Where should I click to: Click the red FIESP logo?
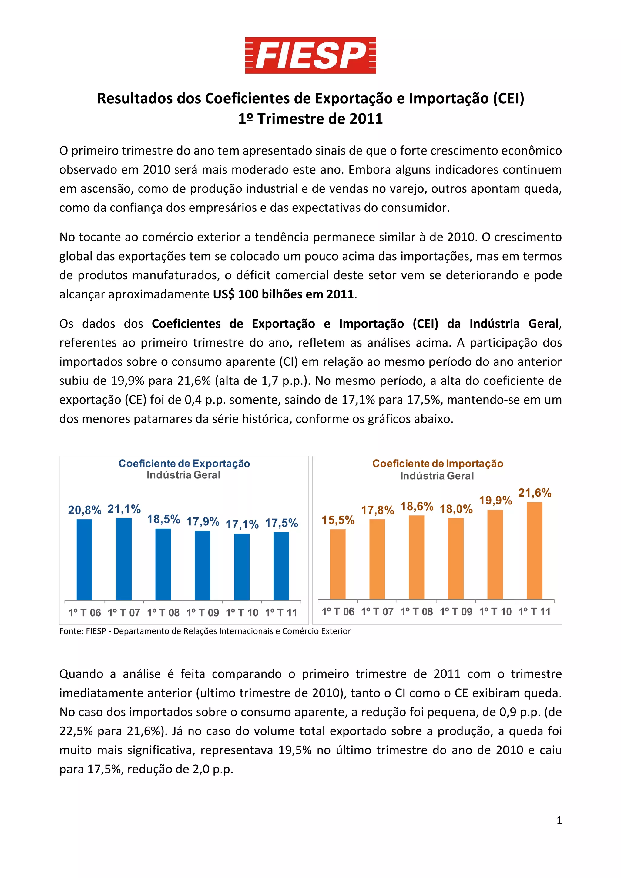click(310, 55)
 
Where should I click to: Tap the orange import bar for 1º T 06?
click(337, 564)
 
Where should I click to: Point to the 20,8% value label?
click(85, 510)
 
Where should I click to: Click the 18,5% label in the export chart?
click(163, 519)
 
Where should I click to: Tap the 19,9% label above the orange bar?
click(495, 500)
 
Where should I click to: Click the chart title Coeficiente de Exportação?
click(184, 464)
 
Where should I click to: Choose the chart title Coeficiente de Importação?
click(438, 464)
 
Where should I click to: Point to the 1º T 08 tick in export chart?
click(163, 613)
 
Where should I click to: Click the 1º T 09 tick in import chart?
click(456, 611)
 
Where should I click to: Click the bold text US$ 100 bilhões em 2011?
click(283, 294)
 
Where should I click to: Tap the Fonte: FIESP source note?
click(205, 631)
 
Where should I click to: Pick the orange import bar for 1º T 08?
click(416, 557)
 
